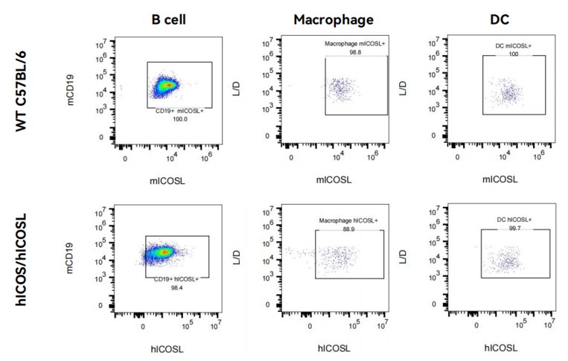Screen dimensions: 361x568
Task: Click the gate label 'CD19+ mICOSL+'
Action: [x=178, y=110]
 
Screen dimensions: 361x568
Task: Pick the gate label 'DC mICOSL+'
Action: [x=514, y=46]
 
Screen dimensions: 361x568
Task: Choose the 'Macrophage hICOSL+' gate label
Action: [x=349, y=220]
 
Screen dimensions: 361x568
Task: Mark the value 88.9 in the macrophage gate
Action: [x=349, y=228]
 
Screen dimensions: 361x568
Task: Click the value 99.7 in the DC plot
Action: [x=513, y=227]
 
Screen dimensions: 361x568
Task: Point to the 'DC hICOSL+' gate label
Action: [x=513, y=220]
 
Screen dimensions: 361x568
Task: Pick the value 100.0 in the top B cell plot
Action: [x=178, y=118]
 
